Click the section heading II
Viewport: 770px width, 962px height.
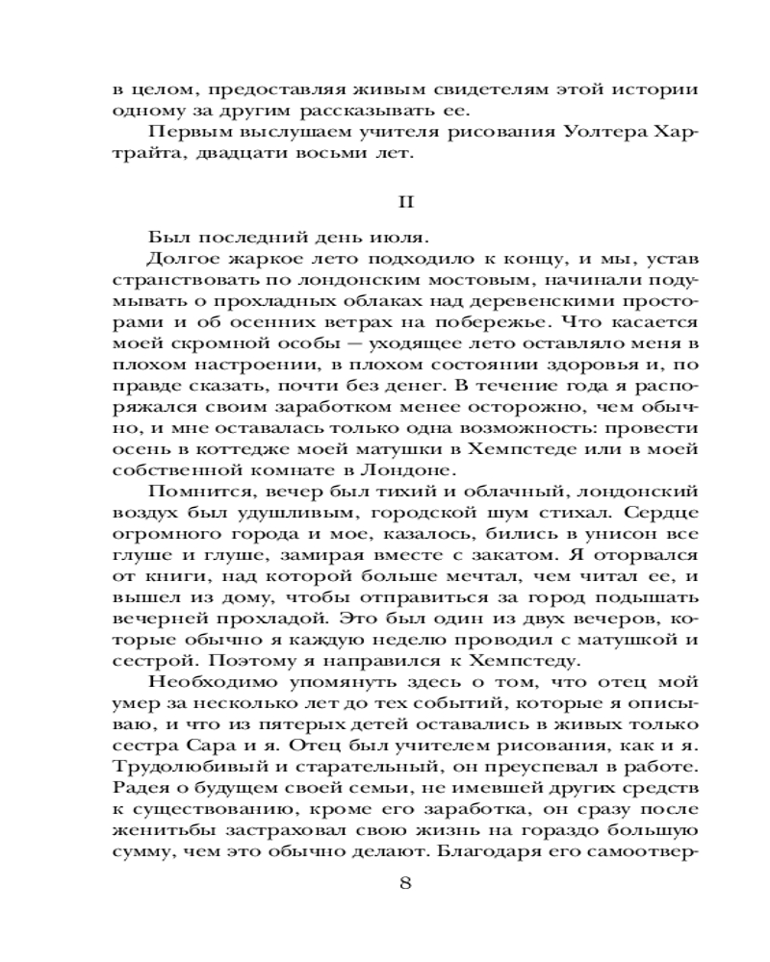tap(405, 204)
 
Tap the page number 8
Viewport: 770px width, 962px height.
tap(405, 885)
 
